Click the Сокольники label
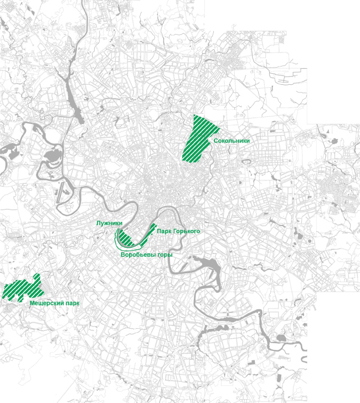click(x=232, y=141)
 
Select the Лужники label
click(x=109, y=222)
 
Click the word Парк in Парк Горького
click(x=164, y=231)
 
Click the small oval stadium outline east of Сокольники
click(x=246, y=162)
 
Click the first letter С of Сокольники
click(x=215, y=141)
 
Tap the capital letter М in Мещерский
click(x=32, y=304)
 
